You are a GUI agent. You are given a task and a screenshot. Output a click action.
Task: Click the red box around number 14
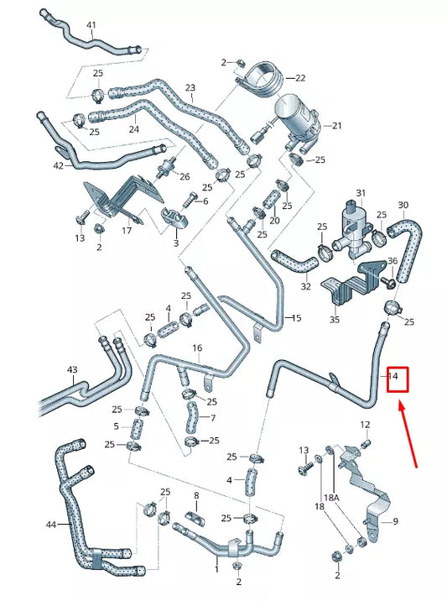[396, 379]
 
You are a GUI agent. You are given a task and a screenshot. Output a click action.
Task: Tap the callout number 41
[91, 25]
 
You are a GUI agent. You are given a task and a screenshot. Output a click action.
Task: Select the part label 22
[299, 77]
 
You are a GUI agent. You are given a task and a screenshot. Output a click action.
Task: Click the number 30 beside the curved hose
[403, 205]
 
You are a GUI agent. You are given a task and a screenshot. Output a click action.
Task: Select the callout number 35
[335, 320]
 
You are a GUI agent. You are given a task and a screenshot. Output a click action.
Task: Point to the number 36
[392, 262]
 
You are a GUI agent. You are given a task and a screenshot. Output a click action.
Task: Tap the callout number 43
[72, 370]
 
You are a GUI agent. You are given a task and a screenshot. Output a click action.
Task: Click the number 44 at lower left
[51, 525]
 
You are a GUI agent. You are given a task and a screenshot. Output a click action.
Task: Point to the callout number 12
[365, 424]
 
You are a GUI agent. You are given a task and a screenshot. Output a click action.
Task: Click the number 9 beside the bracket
[395, 521]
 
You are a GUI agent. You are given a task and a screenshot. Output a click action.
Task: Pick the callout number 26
[185, 176]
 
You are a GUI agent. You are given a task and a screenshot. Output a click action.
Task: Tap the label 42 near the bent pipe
[57, 166]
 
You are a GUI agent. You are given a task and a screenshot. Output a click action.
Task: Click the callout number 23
[190, 88]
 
